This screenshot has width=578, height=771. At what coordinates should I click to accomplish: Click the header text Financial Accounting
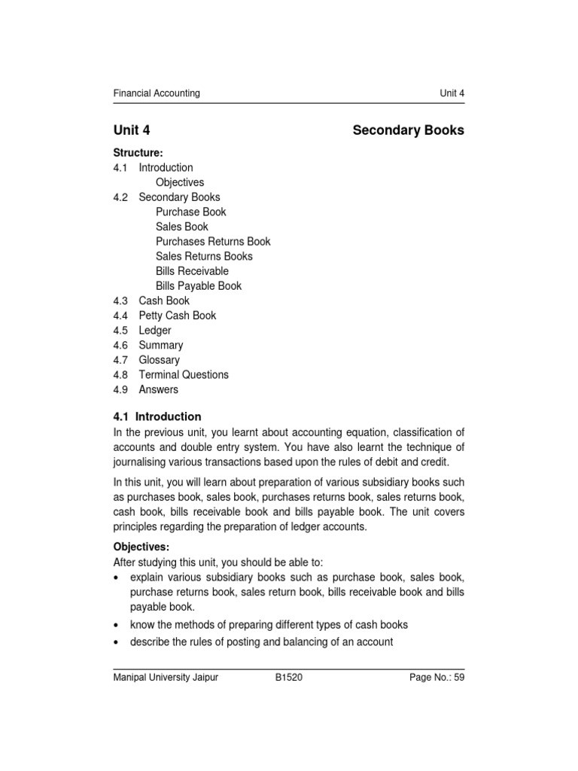pos(157,93)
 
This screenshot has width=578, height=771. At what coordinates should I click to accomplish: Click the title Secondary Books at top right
pos(408,130)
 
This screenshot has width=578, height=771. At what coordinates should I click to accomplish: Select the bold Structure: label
pos(138,153)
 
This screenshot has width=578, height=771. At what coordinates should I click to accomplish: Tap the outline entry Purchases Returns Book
pos(213,242)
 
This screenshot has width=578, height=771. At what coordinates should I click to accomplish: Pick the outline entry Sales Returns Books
pos(204,256)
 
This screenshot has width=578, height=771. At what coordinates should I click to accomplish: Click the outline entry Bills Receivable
pos(192,271)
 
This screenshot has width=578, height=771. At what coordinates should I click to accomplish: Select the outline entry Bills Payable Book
pos(199,286)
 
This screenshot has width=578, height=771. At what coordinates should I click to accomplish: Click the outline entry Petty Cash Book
pos(177,315)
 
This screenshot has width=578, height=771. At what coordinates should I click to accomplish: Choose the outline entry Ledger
pos(155,331)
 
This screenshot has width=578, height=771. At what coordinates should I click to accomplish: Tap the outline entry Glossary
pos(160,360)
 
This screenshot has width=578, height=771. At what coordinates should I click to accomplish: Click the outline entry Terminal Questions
pos(184,375)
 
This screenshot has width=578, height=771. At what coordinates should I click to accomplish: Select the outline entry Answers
pos(159,389)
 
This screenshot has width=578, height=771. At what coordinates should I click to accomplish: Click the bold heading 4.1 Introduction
pos(157,416)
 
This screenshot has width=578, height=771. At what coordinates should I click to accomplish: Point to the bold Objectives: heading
pos(141,547)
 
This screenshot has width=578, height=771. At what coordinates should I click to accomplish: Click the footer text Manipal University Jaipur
pos(165,678)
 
